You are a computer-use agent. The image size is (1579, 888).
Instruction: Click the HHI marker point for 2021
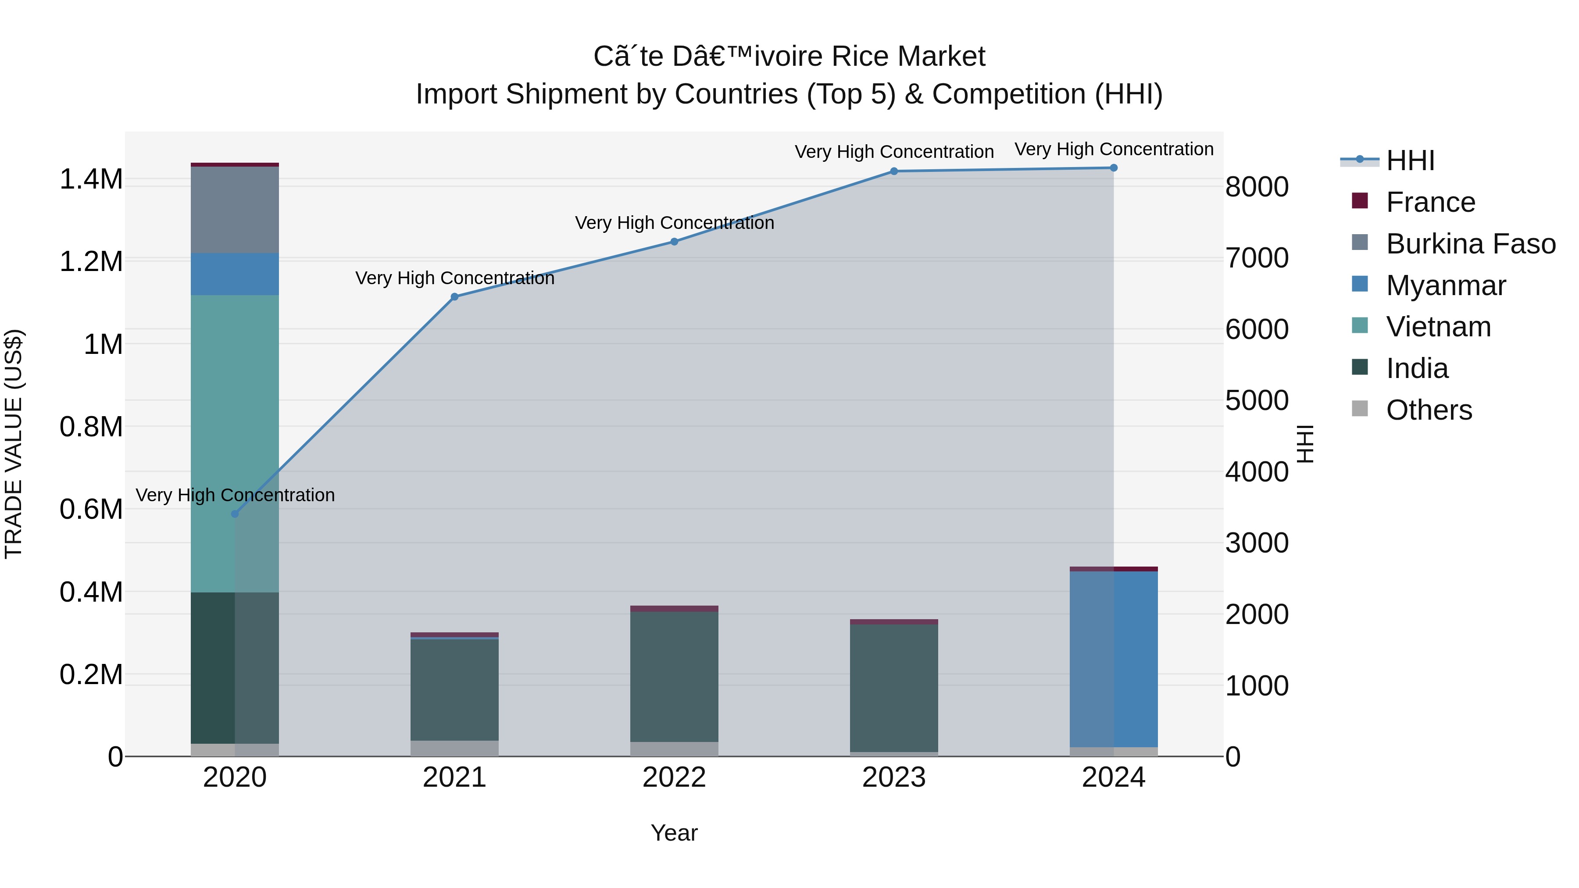pyautogui.click(x=454, y=296)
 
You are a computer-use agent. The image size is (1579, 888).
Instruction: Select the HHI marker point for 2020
pyautogui.click(x=235, y=514)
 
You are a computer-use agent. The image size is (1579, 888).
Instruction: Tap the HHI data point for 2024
pyautogui.click(x=1113, y=168)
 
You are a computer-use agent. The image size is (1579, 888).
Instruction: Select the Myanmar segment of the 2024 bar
pyautogui.click(x=1113, y=659)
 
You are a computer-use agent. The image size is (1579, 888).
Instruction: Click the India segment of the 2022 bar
pyautogui.click(x=674, y=677)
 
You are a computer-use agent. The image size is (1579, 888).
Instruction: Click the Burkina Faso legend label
pyautogui.click(x=1471, y=244)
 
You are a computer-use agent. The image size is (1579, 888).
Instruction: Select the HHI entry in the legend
pyautogui.click(x=1410, y=160)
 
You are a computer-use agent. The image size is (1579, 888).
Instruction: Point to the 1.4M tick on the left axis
pyautogui.click(x=91, y=179)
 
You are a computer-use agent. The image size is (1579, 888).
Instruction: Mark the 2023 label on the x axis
pyautogui.click(x=894, y=777)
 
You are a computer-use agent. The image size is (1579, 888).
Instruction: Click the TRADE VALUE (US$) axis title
pyautogui.click(x=14, y=444)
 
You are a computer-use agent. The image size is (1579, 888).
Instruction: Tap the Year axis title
pyautogui.click(x=674, y=833)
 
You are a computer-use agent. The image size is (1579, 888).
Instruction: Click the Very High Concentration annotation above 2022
pyautogui.click(x=674, y=222)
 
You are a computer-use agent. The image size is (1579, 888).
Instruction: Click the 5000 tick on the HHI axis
pyautogui.click(x=1257, y=401)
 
